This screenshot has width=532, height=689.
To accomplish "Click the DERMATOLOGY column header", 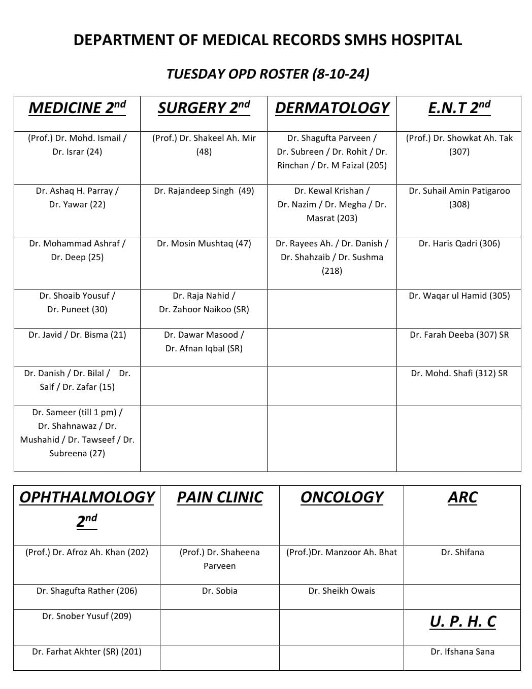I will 332,108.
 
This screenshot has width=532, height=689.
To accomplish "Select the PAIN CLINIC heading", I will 220,497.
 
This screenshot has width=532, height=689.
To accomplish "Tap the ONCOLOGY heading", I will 342,497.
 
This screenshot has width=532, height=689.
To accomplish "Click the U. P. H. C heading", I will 462,622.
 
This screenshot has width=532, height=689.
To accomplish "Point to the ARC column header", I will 462,497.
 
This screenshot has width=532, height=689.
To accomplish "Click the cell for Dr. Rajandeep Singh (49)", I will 204,191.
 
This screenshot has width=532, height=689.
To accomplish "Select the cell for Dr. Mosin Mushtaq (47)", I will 204,244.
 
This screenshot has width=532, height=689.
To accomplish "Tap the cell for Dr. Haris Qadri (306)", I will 459,244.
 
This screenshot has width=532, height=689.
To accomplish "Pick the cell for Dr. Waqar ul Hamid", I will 459,296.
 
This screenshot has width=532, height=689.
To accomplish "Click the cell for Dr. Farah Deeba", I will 459,335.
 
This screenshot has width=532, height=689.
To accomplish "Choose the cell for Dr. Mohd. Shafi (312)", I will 459,374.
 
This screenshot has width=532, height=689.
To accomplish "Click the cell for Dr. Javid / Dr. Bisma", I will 77,335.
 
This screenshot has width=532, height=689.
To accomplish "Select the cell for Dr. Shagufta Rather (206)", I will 87,591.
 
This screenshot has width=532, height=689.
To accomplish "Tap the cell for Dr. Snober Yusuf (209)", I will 87,617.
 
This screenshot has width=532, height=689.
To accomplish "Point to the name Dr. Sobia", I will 220,591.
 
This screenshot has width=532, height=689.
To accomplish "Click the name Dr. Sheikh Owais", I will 342,591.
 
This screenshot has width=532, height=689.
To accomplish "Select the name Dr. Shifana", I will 462,553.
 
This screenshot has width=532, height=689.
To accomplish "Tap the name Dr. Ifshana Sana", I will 462,652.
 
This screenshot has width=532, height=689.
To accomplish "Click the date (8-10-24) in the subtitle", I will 341,74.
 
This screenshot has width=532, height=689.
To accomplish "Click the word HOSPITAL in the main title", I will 426,40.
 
